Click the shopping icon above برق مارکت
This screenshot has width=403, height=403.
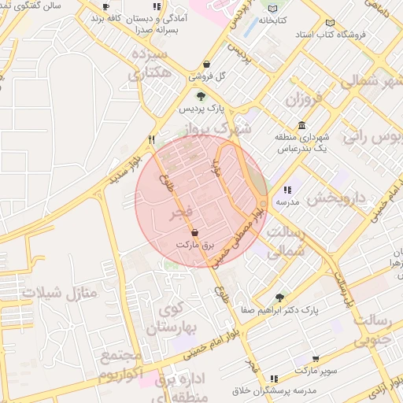[194, 231]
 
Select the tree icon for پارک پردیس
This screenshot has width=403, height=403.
[201, 96]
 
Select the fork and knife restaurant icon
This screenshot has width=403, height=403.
[151, 139]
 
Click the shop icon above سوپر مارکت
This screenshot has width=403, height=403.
[316, 358]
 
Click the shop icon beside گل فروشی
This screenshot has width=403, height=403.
[206, 65]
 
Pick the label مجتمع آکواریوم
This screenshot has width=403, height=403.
[121, 366]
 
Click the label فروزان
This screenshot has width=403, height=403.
[304, 100]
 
